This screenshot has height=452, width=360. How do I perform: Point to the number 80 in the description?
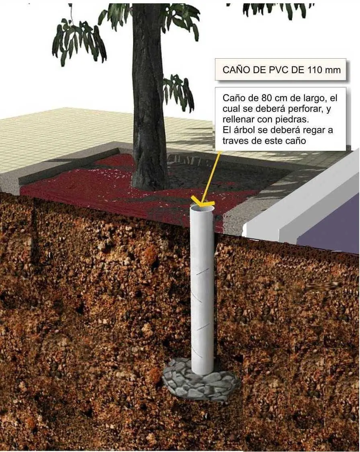pyautogui.click(x=267, y=98)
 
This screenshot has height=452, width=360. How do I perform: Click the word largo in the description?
pyautogui.click(x=314, y=99)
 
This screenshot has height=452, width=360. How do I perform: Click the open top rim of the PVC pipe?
pyautogui.click(x=202, y=208)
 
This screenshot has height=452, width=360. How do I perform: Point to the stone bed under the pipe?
pyautogui.click(x=200, y=380)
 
